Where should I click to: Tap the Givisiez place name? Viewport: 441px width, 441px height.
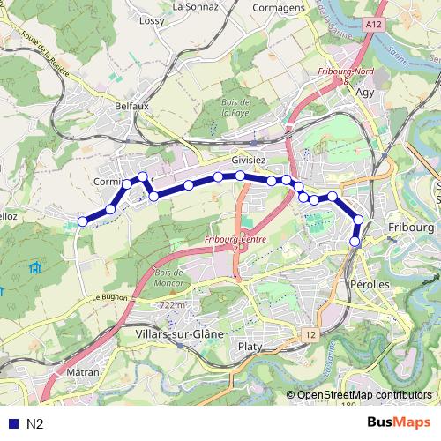click(x=248, y=161)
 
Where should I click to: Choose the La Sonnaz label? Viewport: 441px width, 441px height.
click(x=195, y=6)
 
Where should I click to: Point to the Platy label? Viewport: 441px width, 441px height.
click(x=250, y=348)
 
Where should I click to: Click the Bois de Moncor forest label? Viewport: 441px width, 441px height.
click(x=167, y=278)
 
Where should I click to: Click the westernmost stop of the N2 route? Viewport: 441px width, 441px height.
click(x=82, y=221)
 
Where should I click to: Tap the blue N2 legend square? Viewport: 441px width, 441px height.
click(x=11, y=423)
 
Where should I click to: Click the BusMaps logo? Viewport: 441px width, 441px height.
click(x=400, y=422)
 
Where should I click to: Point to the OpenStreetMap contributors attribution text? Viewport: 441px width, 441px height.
click(x=363, y=395)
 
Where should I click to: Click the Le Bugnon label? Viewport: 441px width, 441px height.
click(x=111, y=298)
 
